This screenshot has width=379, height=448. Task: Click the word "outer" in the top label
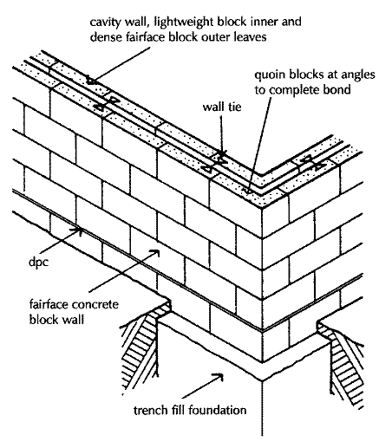click(220, 37)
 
